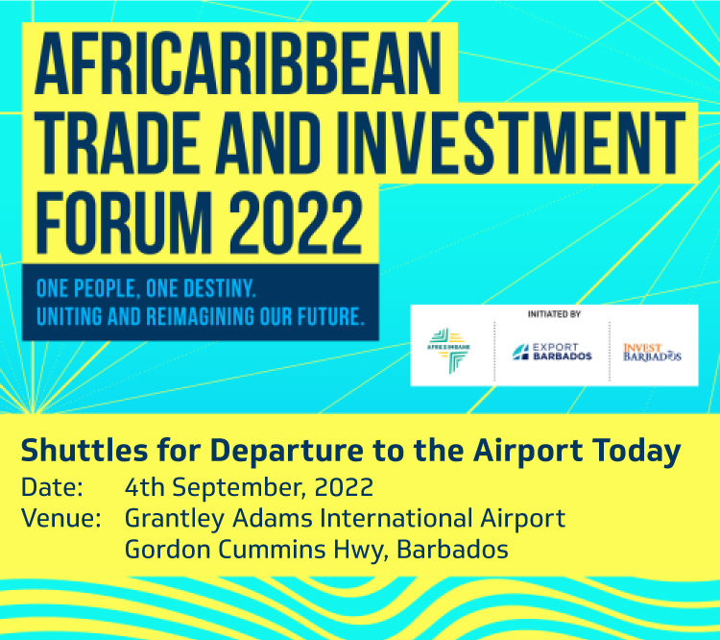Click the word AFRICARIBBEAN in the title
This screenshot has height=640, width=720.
coord(238,63)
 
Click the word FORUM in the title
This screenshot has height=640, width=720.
coord(124,223)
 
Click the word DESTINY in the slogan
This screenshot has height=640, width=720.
coord(219,288)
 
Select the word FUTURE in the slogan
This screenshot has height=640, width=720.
coord(330,317)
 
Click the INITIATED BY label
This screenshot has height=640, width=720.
coord(554,314)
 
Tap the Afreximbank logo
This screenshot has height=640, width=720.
coord(448,351)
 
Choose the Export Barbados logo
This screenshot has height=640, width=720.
coord(552,352)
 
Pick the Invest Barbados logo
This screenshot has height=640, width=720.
coord(652,352)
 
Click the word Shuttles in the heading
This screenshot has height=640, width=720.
coord(84,450)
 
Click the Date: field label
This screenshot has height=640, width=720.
coord(53,487)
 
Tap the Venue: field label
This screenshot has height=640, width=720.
coord(61,519)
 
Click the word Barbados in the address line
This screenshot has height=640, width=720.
coord(452,550)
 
